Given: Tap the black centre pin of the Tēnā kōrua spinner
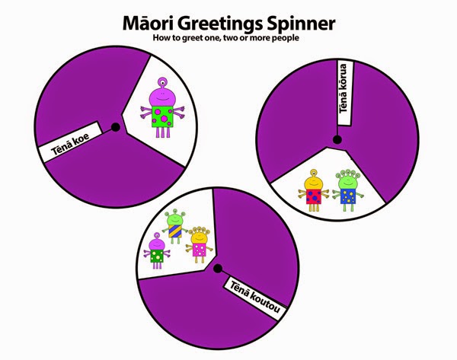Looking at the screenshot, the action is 335,138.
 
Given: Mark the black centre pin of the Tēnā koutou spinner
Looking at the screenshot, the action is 219,268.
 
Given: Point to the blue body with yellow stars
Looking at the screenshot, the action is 349,196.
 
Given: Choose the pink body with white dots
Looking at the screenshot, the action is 200,249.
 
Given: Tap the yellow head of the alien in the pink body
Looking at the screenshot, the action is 199,233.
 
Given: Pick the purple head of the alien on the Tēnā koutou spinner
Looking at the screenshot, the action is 158,244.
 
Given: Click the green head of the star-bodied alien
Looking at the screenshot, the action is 348,181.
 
